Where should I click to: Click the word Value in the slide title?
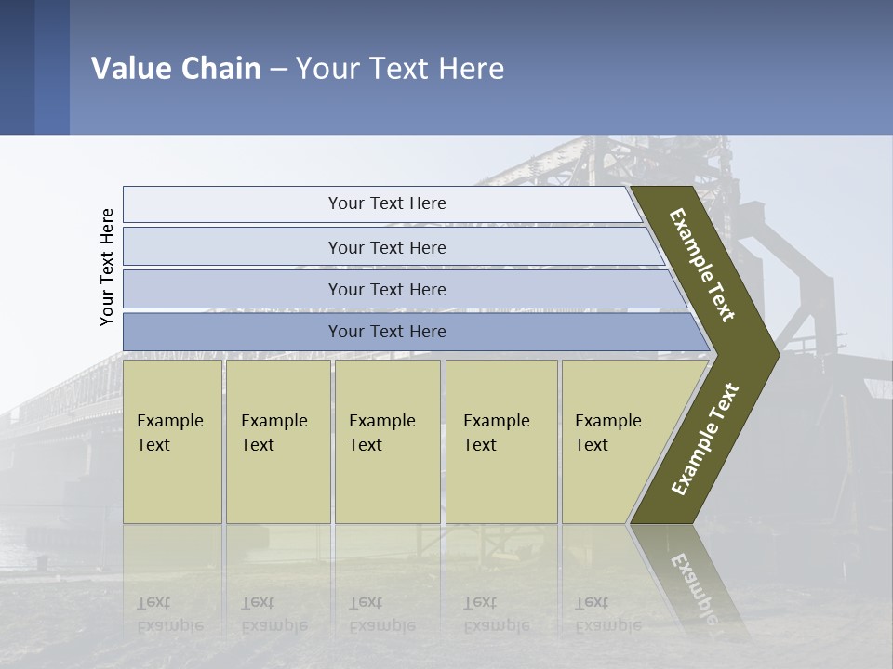tap(130, 69)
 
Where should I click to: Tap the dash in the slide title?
tap(278, 70)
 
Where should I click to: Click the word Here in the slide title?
tap(471, 69)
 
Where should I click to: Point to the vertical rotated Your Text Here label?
tap(107, 267)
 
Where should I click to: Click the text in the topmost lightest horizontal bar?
tap(387, 203)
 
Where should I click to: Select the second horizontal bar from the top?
tap(387, 247)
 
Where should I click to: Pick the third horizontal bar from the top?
tap(387, 289)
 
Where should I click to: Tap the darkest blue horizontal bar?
tap(387, 332)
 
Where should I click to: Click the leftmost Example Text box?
tap(172, 441)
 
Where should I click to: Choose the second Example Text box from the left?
tap(278, 441)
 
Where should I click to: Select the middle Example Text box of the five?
tap(387, 441)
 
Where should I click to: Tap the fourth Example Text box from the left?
tap(501, 441)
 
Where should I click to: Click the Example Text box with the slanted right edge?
tap(614, 441)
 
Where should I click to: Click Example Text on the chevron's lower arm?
tap(705, 439)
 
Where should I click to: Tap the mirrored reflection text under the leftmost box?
tap(169, 614)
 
